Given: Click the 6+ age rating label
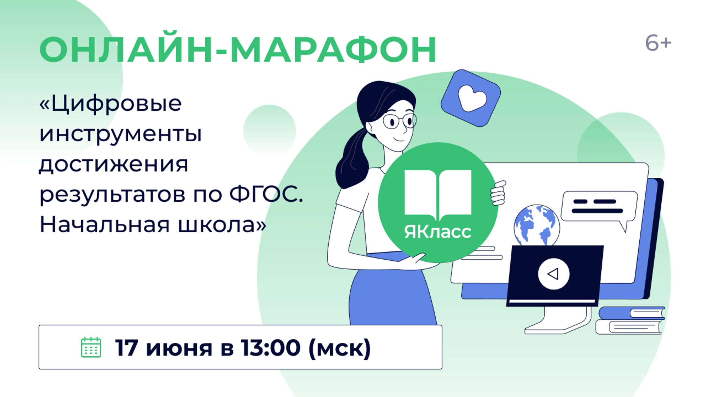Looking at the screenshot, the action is tap(658, 43).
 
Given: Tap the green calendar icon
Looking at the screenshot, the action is tap(91, 347).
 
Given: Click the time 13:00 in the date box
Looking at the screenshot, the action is tap(271, 348).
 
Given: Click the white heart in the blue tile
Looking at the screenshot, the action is tap(472, 98).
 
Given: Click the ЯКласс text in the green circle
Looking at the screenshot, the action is tap(438, 232).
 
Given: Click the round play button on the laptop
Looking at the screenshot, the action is tap(553, 274).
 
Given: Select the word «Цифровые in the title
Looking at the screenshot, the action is tap(111, 104).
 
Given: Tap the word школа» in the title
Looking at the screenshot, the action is tap(222, 224).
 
